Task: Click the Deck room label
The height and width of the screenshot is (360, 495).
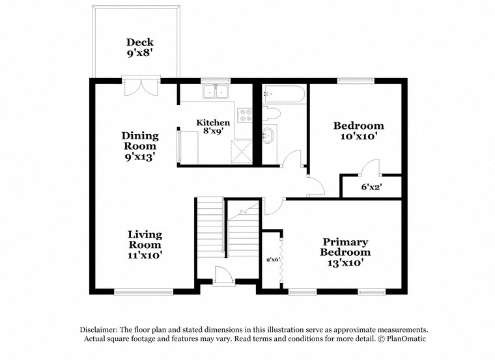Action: (x=139, y=43)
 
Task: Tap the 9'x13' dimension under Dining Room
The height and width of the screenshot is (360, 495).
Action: (x=139, y=157)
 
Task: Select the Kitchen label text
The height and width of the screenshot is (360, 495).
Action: (x=213, y=122)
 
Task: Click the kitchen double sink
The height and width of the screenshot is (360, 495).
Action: (x=216, y=92)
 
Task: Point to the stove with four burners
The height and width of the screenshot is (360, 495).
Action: (x=246, y=115)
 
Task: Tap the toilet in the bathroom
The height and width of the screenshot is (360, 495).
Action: (x=272, y=114)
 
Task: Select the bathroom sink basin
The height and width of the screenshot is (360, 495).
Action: (x=268, y=137)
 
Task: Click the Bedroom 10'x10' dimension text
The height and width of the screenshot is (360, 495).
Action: (x=358, y=137)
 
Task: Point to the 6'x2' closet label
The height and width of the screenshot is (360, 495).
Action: (x=371, y=187)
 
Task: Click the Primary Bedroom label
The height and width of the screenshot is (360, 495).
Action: (x=345, y=247)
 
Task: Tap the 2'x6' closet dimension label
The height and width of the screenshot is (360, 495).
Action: (x=272, y=258)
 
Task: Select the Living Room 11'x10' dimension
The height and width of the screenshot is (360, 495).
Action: (x=145, y=256)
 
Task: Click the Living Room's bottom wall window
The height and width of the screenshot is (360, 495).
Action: (x=144, y=292)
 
